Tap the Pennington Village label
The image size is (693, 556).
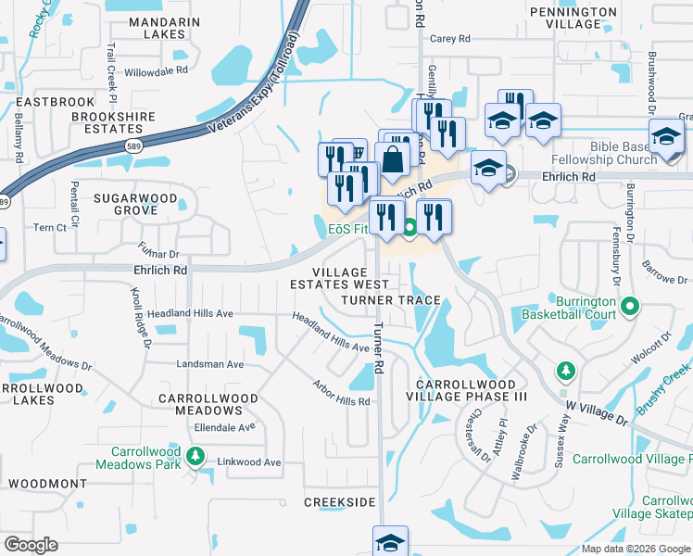pyautogui.click(x=572, y=19)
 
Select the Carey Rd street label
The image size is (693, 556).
pyautogui.click(x=450, y=39)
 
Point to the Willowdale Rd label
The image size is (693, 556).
pyautogui.click(x=156, y=70)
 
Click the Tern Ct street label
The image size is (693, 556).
pyautogui.click(x=49, y=227)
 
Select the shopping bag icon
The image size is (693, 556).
pyautogui.click(x=393, y=158)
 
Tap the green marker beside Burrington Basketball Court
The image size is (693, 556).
pyautogui.click(x=631, y=305)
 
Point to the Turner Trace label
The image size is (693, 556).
pyautogui.click(x=390, y=301)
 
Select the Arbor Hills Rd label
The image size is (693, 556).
pyautogui.click(x=341, y=393)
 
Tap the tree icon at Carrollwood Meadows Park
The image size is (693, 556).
pyautogui.click(x=195, y=455)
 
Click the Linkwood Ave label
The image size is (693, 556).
pyautogui.click(x=248, y=461)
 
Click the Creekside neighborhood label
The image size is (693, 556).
pyautogui.click(x=340, y=501)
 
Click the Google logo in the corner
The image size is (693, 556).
pyautogui.click(x=31, y=544)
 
